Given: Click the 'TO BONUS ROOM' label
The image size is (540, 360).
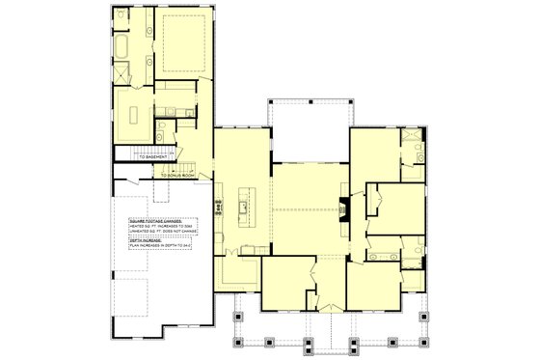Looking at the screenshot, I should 179,176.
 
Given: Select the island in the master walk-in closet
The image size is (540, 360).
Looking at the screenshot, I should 132,113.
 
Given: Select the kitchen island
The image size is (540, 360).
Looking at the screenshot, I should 246,205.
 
